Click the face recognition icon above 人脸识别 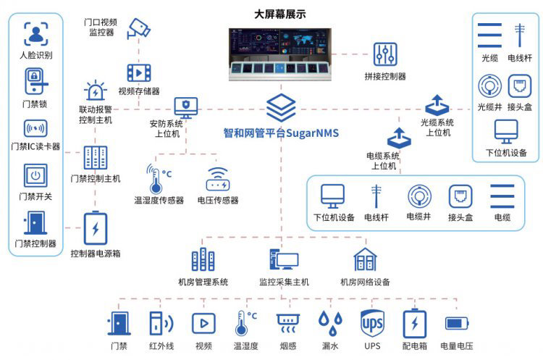[x=36, y=34]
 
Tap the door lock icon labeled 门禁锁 [x=35, y=81]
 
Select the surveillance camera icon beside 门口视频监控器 [x=138, y=28]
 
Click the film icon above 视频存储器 [x=139, y=72]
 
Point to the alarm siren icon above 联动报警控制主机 [x=96, y=91]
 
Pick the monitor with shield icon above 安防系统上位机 [x=186, y=107]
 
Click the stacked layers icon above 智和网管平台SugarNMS [x=281, y=107]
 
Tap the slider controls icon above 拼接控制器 [x=385, y=54]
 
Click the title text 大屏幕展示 [x=279, y=14]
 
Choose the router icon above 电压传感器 [x=218, y=179]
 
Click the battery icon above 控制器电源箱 [x=96, y=228]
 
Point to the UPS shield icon [x=372, y=323]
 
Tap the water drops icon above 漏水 [x=330, y=323]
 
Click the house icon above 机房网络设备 [x=365, y=259]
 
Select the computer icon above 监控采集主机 [x=284, y=259]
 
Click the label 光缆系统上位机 [x=437, y=127]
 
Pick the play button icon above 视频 [x=203, y=323]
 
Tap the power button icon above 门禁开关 [x=35, y=175]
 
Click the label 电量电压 [x=456, y=346]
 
